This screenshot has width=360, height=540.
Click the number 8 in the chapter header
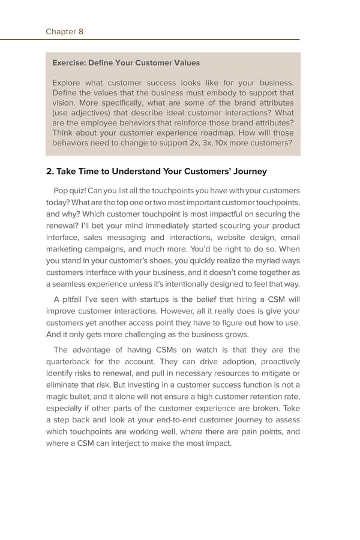pyautogui.click(x=80, y=32)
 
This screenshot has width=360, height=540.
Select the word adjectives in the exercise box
pyautogui.click(x=92, y=112)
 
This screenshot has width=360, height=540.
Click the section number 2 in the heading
pyautogui.click(x=49, y=172)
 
